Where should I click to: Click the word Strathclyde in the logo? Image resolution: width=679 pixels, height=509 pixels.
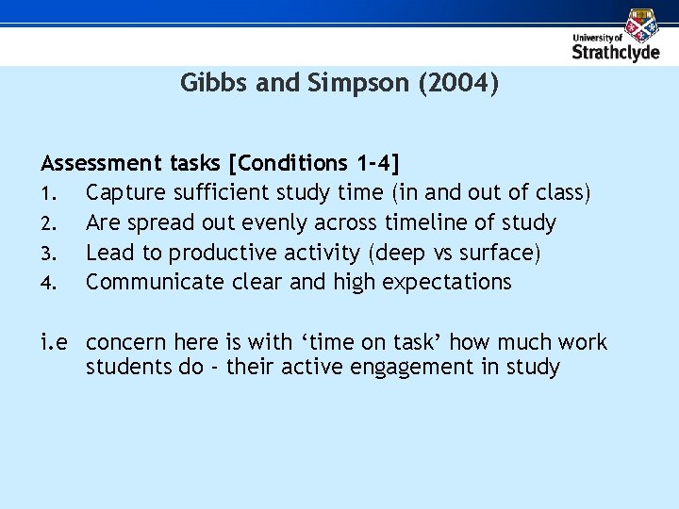click(616, 52)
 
